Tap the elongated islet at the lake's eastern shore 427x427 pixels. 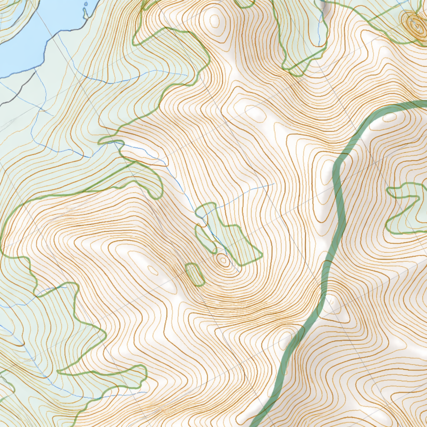pos(85,12)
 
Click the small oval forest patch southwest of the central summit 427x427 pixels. pos(195,274)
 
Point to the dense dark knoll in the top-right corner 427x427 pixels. pos(415,25)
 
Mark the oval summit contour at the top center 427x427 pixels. pos(214,20)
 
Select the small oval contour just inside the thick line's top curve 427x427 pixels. pos(390,117)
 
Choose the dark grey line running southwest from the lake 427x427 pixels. pos(19,90)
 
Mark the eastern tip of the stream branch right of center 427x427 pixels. pos(274,183)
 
